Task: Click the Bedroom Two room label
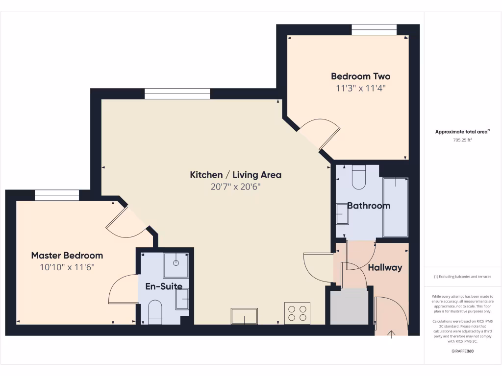(x=360, y=76)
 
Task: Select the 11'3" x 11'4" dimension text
(x=360, y=89)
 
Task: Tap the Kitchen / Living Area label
(x=235, y=175)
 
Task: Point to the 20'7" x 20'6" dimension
(x=235, y=187)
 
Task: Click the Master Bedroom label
(x=67, y=255)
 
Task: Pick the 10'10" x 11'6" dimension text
(x=67, y=267)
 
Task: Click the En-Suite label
(x=164, y=286)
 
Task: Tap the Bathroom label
(x=369, y=206)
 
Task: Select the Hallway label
(x=385, y=267)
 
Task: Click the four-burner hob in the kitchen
(x=297, y=313)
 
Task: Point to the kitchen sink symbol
(x=244, y=316)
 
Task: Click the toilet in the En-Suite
(x=155, y=311)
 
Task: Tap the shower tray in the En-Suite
(x=176, y=265)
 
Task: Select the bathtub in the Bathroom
(x=395, y=207)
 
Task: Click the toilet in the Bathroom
(x=359, y=177)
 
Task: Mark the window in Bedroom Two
(x=374, y=30)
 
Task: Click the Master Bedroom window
(x=57, y=195)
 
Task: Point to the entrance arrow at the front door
(x=391, y=335)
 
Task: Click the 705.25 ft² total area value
(x=462, y=140)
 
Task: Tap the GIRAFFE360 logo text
(x=462, y=351)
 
